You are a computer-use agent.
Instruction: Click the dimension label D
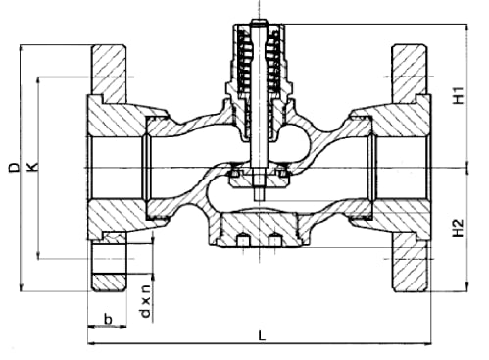14,167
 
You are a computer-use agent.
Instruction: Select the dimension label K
32,167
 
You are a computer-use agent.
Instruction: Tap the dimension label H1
459,95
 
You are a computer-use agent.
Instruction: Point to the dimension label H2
459,228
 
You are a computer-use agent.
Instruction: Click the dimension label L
262,335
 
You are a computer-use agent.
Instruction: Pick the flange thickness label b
108,318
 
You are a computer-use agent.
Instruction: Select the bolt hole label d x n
145,301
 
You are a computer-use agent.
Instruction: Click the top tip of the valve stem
259,21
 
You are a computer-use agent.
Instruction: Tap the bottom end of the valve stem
259,199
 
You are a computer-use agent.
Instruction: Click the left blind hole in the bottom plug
243,240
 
